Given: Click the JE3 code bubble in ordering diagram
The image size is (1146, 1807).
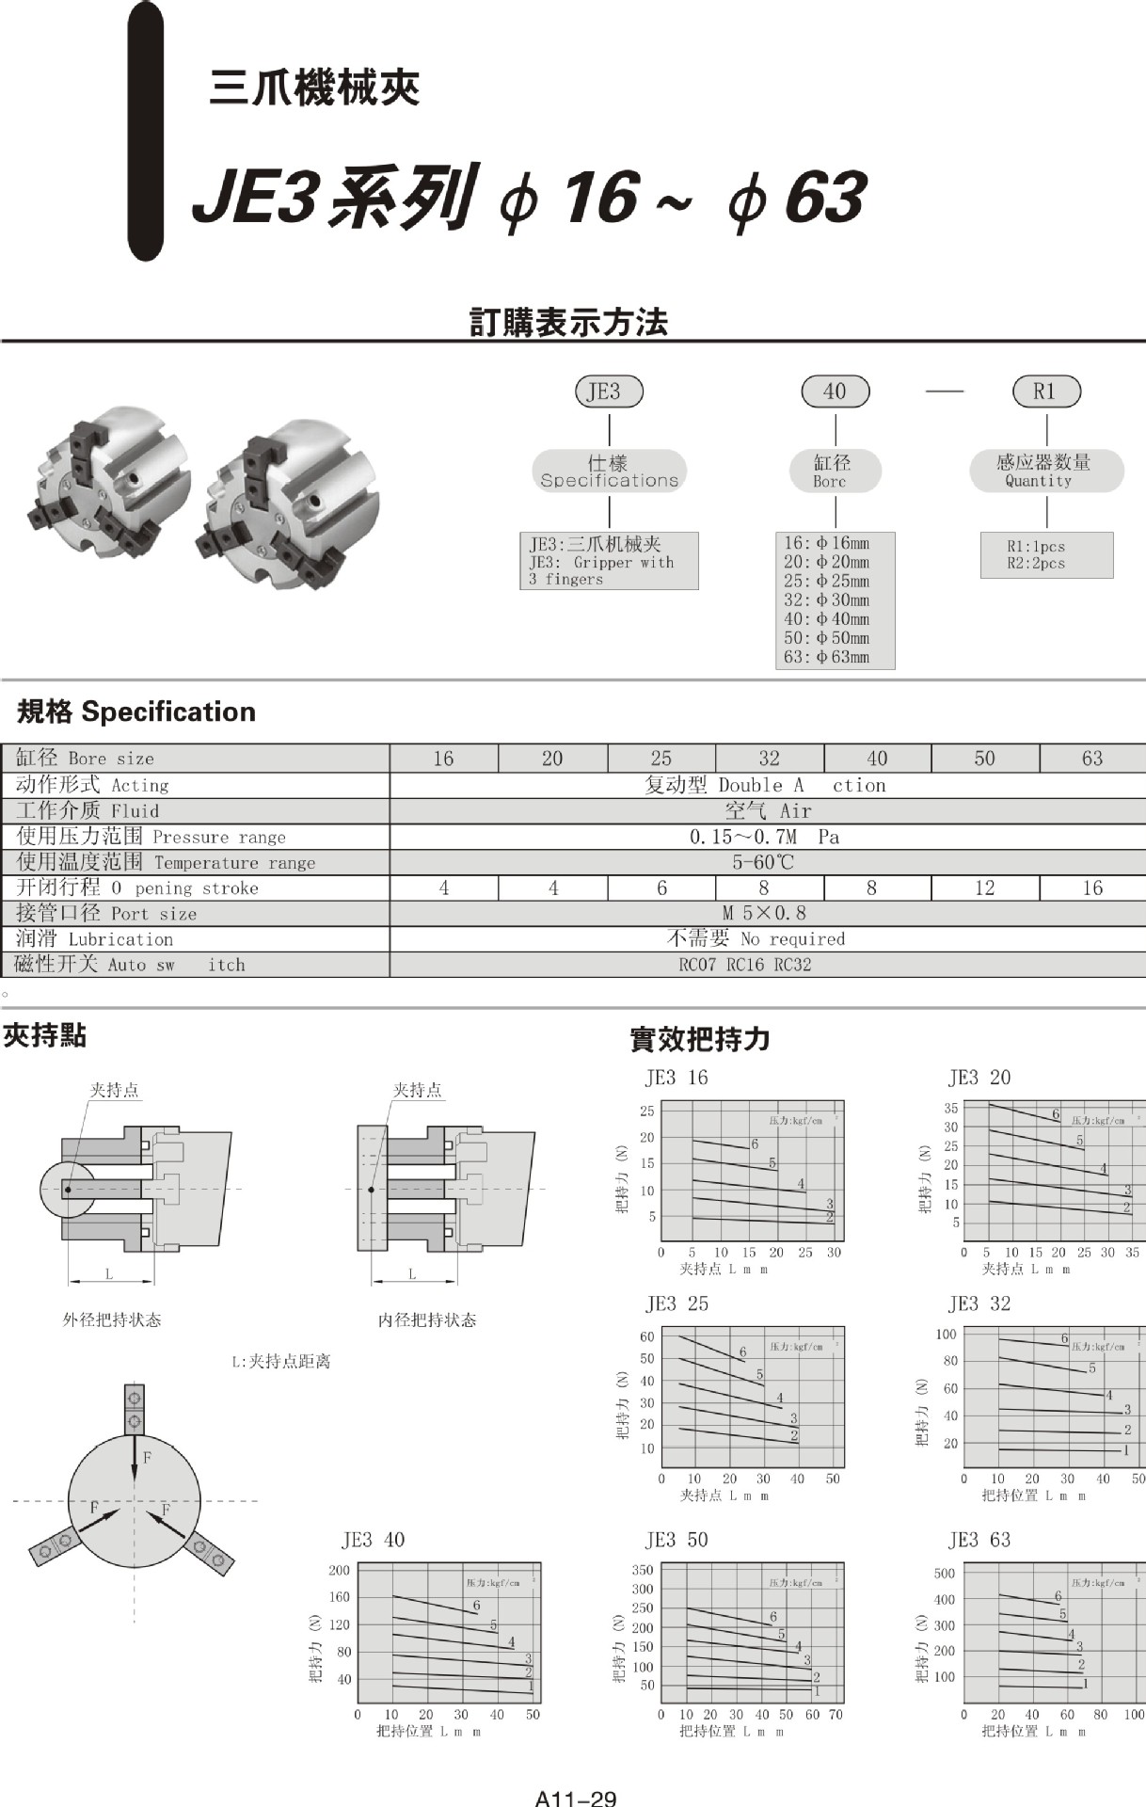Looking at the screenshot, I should point(609,392).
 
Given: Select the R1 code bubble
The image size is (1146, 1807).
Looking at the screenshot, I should point(1045,392).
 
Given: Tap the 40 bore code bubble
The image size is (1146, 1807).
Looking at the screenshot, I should point(835,392).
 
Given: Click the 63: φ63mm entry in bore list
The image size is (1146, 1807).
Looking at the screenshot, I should point(827,657).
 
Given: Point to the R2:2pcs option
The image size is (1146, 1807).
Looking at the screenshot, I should point(1036,564).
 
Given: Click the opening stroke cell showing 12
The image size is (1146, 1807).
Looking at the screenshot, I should point(984,888).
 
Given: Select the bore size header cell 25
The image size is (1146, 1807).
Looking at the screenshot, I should point(661,759).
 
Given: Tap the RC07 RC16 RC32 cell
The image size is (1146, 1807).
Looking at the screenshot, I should point(744,965).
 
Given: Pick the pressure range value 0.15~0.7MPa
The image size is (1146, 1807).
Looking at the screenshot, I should point(764,837).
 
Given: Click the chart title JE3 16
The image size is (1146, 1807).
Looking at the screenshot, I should point(676,1078).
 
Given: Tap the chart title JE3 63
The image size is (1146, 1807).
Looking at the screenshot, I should point(979,1541).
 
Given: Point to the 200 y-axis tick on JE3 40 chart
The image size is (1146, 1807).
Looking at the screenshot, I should point(339,1571).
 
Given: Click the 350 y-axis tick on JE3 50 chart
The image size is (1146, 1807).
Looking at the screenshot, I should point(642,1570).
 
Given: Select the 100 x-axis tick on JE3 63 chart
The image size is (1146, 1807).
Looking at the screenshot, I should point(1134,1715).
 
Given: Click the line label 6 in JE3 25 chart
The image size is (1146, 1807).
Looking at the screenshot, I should point(742,1352).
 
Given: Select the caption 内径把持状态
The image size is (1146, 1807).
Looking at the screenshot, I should point(427,1320).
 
